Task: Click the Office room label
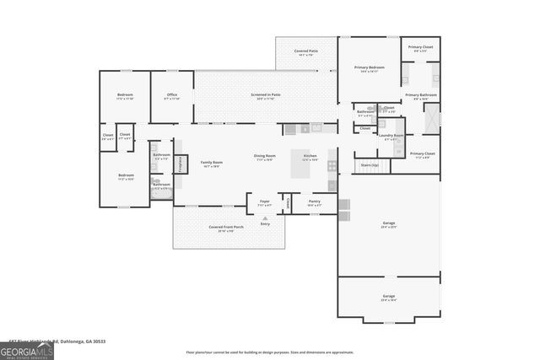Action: [x=171, y=94]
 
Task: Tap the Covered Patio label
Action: [x=306, y=51]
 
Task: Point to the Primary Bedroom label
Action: [x=369, y=67]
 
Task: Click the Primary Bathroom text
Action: [x=421, y=95]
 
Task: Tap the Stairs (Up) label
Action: [x=370, y=165]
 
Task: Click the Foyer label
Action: [x=264, y=201]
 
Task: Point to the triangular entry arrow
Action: [x=265, y=218]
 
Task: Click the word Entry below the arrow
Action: [x=265, y=224]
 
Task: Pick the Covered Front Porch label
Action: [x=226, y=227]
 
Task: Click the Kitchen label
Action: [x=310, y=156]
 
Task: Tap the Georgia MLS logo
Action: [x=27, y=349]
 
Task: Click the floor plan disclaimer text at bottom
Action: [x=269, y=352]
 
